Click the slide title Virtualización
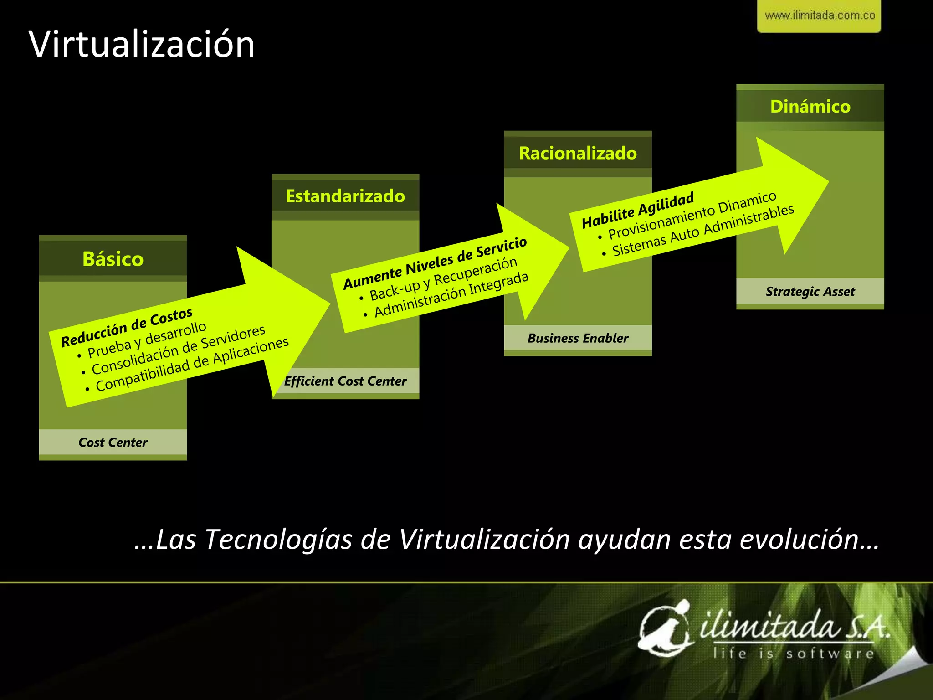click(x=142, y=44)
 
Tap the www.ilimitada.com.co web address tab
click(x=820, y=15)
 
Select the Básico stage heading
click(x=113, y=259)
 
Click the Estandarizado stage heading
click(x=345, y=196)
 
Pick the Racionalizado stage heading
click(x=578, y=153)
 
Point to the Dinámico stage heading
click(x=810, y=106)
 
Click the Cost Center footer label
click(x=113, y=442)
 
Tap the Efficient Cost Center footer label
click(x=345, y=381)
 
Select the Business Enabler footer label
click(x=578, y=338)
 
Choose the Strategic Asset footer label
click(x=810, y=291)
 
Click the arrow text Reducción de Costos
click(x=127, y=327)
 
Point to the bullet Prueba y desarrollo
click(x=147, y=340)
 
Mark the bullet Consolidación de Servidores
click(x=178, y=350)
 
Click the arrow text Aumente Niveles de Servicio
click(x=435, y=263)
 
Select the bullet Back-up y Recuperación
click(x=443, y=278)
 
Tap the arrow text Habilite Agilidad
click(x=638, y=210)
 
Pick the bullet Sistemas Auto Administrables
click(x=703, y=230)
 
